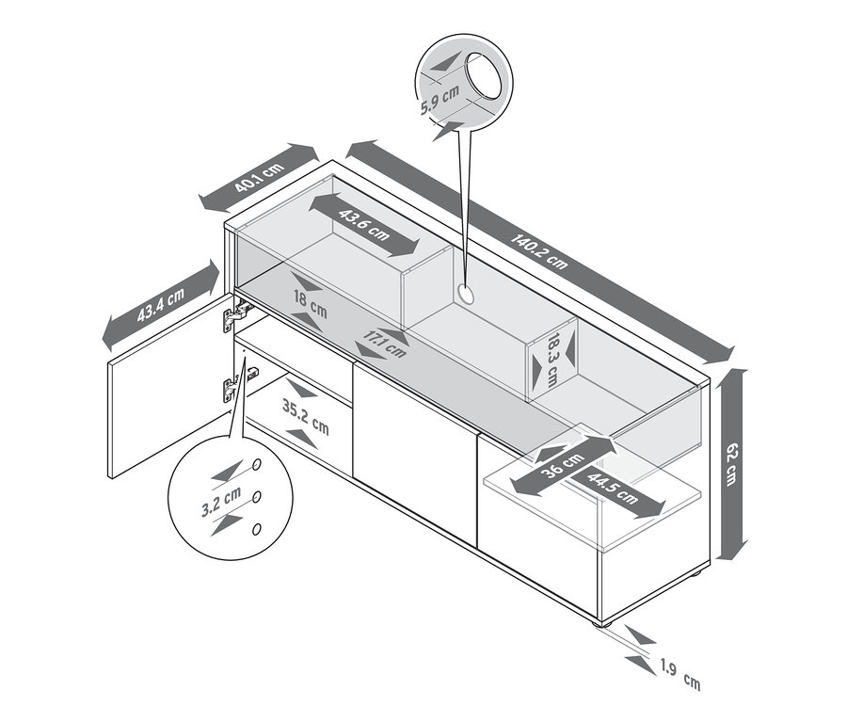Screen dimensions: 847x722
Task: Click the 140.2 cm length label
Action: tap(539, 251)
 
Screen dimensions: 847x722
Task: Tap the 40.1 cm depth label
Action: tap(260, 178)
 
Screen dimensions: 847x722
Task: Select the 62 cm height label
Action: tap(731, 464)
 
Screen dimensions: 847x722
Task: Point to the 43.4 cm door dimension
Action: tap(160, 305)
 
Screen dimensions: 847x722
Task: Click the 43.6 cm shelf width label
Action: tap(364, 224)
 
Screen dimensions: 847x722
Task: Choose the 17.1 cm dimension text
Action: tap(384, 344)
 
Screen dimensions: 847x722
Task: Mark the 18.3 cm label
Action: tap(552, 360)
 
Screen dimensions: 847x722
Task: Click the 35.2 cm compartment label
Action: tap(305, 417)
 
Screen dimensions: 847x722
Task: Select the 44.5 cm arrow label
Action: tap(612, 488)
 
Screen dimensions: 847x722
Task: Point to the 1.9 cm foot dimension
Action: tap(680, 676)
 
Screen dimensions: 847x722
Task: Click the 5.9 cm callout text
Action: tap(439, 98)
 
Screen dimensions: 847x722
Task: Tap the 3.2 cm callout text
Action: tap(220, 502)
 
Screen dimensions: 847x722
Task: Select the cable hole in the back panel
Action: tap(465, 295)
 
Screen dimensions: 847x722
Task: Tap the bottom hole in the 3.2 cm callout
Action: tap(257, 528)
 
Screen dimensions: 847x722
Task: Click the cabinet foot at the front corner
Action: tap(603, 623)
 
